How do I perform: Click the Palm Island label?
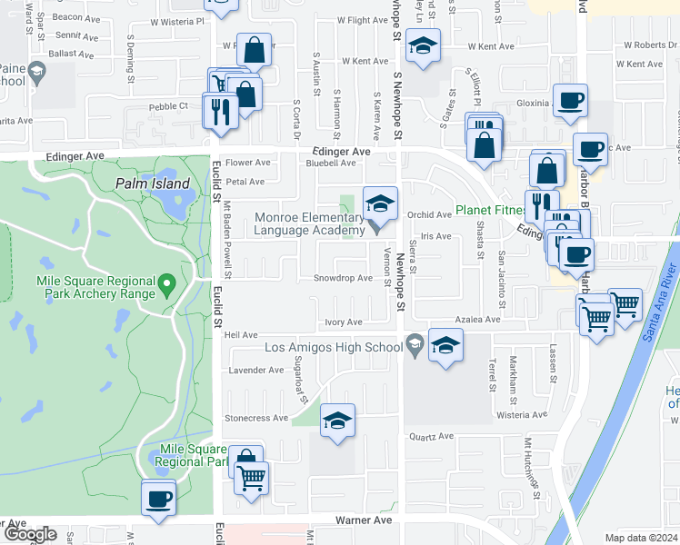click(153, 183)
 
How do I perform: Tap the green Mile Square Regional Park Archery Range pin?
click(166, 285)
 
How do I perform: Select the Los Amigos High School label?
click(333, 347)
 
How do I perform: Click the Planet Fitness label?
click(491, 210)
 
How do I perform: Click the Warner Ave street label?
click(363, 520)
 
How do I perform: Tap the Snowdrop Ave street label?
click(343, 278)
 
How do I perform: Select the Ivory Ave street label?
click(344, 322)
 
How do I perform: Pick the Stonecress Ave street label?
click(257, 419)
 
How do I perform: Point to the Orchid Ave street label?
click(429, 215)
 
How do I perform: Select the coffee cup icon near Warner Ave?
click(159, 498)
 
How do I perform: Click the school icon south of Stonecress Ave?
click(337, 421)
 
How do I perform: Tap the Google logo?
click(29, 535)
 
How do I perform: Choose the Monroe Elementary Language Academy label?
click(309, 223)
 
